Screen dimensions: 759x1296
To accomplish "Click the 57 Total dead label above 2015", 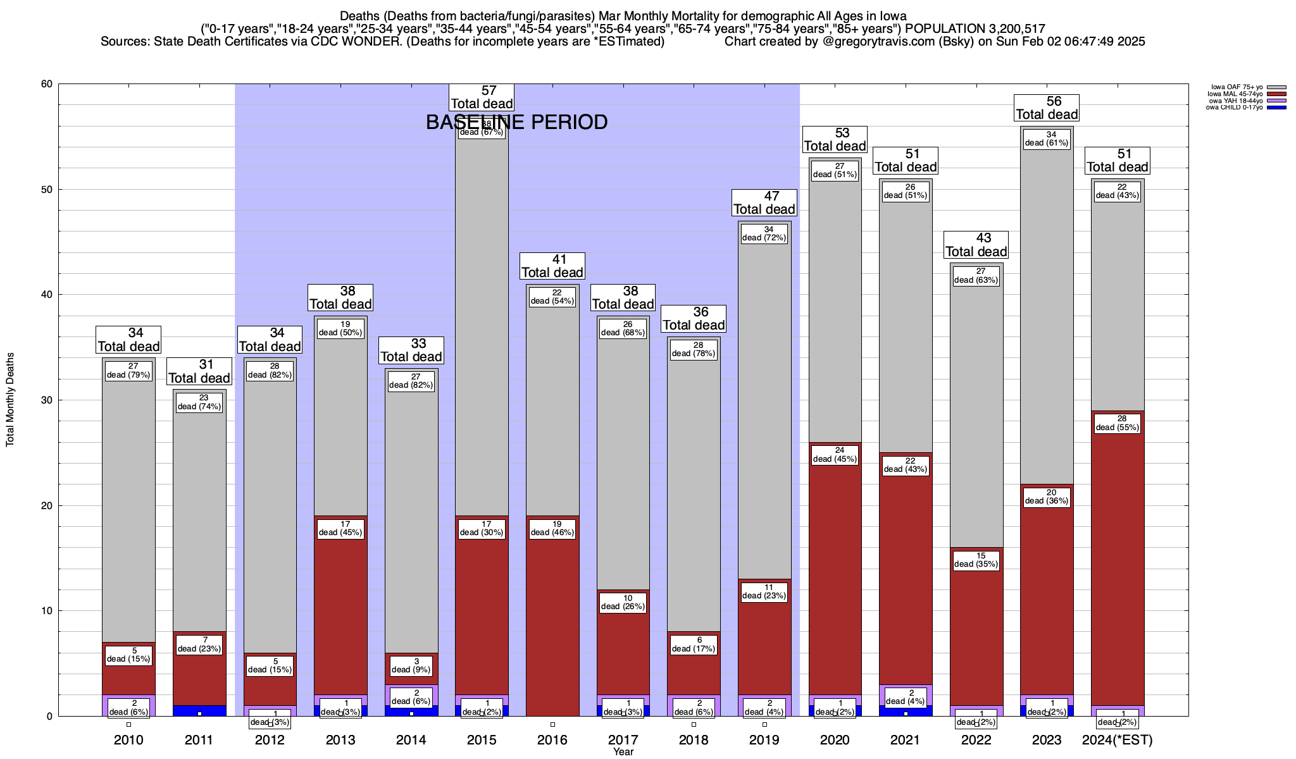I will point(482,97).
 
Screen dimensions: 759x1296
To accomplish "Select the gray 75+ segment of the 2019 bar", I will point(764,405).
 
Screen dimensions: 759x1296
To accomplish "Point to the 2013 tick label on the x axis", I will point(340,740).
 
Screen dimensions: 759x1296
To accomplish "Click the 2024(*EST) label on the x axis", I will point(1118,740).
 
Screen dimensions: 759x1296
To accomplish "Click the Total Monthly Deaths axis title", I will point(10,400).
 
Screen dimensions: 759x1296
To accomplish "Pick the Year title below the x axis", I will point(623,752).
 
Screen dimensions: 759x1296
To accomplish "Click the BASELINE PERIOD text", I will point(516,122).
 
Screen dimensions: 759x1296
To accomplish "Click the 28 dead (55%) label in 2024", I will point(1118,423).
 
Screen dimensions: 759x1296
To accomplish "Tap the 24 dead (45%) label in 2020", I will point(835,455).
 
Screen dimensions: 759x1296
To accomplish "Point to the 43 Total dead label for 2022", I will point(976,245).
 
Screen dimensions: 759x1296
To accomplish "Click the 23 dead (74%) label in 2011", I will point(199,402).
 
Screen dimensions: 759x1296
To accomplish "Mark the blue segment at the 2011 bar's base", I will point(199,710).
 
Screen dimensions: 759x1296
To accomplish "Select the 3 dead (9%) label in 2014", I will point(411,665).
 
